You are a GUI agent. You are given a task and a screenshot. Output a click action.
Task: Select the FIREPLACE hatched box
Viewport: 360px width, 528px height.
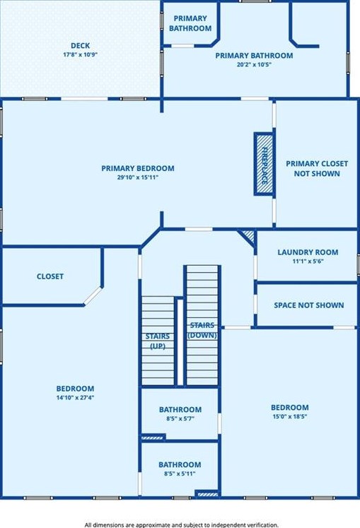click(264, 163)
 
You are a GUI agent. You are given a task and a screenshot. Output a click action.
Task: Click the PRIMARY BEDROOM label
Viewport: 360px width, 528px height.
click(137, 168)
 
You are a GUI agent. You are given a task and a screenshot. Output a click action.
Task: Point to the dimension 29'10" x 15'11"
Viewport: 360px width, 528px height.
click(137, 177)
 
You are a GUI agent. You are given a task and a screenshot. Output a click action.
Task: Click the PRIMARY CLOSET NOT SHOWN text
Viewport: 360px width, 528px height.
click(316, 168)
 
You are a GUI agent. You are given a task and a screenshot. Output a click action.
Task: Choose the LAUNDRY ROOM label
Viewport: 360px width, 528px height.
click(307, 252)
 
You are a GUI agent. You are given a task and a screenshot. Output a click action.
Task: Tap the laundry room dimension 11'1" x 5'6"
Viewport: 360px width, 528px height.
click(307, 261)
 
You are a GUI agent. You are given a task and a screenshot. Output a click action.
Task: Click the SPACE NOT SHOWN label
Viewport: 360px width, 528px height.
click(308, 305)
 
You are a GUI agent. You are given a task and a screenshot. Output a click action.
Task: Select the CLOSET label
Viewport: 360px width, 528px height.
click(50, 276)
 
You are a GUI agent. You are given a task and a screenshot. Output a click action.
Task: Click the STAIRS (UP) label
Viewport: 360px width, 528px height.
click(156, 341)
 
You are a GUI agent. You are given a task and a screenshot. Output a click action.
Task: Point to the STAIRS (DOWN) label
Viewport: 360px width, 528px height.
click(202, 330)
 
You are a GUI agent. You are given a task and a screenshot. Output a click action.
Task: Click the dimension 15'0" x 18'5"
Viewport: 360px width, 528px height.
click(289, 417)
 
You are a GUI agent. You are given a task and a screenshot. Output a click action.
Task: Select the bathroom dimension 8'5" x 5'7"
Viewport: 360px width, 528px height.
click(180, 419)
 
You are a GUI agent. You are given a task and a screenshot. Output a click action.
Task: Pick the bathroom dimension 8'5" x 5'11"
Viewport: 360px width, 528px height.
click(180, 474)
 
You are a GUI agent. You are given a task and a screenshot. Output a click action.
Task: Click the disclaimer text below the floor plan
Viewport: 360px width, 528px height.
click(180, 524)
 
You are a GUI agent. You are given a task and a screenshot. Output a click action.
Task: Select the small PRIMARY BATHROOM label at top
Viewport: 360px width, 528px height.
click(190, 23)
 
